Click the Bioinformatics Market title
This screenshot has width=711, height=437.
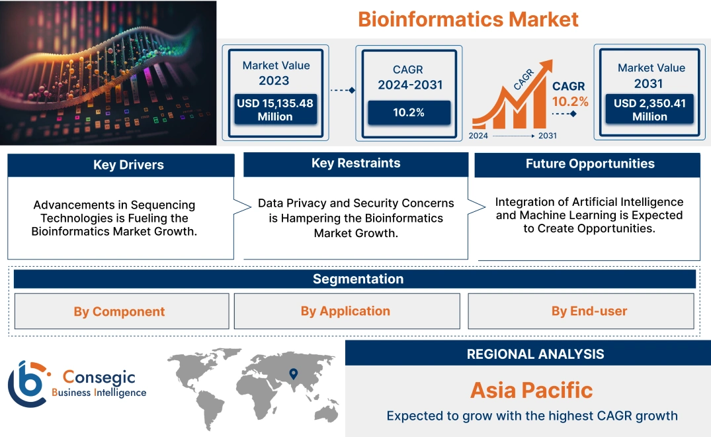click(x=468, y=19)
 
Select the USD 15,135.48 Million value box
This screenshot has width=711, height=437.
click(x=274, y=110)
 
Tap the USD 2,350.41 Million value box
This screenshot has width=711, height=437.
click(x=649, y=110)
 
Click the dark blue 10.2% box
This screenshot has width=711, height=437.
click(x=409, y=112)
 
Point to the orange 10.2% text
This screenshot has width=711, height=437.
click(x=570, y=101)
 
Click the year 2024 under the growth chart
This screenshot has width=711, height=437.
click(x=479, y=136)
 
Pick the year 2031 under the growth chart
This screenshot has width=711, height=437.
click(x=547, y=136)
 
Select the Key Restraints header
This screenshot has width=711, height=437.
click(x=356, y=164)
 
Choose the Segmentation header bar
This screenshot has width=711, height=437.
click(x=358, y=279)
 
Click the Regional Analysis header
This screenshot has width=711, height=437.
click(x=535, y=354)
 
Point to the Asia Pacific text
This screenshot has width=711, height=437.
click(x=531, y=389)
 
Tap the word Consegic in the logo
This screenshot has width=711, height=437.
click(x=99, y=377)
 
